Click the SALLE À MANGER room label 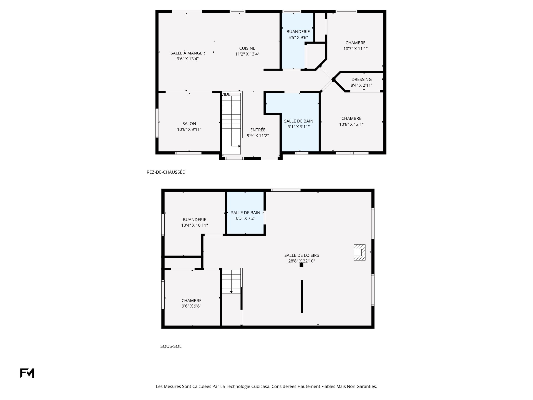pyautogui.click(x=188, y=53)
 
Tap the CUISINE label pyautogui.click(x=247, y=48)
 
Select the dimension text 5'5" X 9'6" pyautogui.click(x=298, y=37)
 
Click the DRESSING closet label pyautogui.click(x=361, y=79)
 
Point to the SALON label pyautogui.click(x=189, y=124)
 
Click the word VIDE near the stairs pyautogui.click(x=226, y=94)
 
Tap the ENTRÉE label pyautogui.click(x=258, y=130)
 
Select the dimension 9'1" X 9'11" pyautogui.click(x=299, y=127)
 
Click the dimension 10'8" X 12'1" pyautogui.click(x=351, y=124)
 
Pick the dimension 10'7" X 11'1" pyautogui.click(x=356, y=49)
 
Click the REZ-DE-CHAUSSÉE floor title pyautogui.click(x=166, y=172)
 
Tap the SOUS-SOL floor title pyautogui.click(x=171, y=346)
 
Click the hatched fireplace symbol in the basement pyautogui.click(x=359, y=252)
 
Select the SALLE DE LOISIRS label pyautogui.click(x=302, y=255)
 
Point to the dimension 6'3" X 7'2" pyautogui.click(x=246, y=218)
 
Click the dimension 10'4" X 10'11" pyautogui.click(x=195, y=225)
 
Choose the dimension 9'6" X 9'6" pyautogui.click(x=192, y=306)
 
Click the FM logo pyautogui.click(x=27, y=373)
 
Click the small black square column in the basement pyautogui.click(x=301, y=265)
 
